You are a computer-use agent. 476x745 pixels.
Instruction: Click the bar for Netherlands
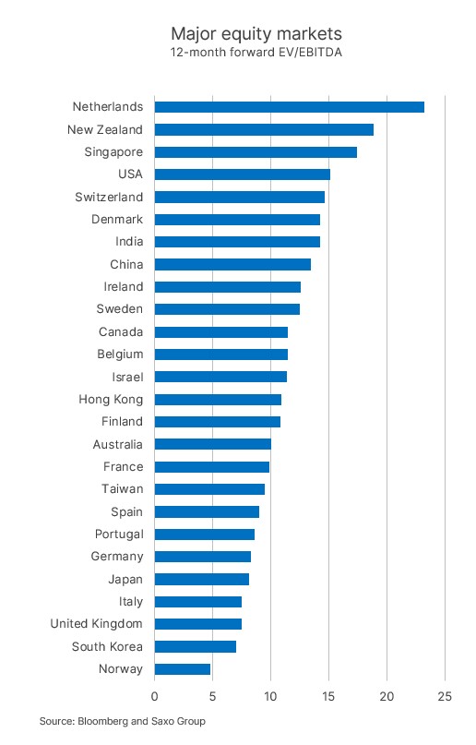click(x=290, y=107)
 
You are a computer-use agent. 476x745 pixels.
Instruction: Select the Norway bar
click(x=183, y=669)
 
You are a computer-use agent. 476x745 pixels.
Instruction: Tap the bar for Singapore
click(x=256, y=152)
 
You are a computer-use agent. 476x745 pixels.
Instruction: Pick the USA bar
click(x=243, y=174)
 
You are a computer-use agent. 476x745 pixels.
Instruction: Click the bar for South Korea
click(x=195, y=646)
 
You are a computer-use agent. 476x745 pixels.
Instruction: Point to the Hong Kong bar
click(x=218, y=400)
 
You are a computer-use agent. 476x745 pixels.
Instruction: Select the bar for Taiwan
click(x=209, y=489)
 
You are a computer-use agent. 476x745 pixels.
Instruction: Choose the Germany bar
click(x=203, y=557)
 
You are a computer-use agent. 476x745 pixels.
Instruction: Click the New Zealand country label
click(x=105, y=129)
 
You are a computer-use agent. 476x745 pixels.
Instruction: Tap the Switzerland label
click(x=109, y=197)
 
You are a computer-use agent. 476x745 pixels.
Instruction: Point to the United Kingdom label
click(x=96, y=624)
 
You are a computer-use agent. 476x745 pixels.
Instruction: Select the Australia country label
click(x=118, y=444)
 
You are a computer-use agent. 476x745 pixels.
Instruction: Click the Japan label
click(x=125, y=579)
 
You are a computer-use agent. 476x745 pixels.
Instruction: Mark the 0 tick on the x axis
click(x=155, y=697)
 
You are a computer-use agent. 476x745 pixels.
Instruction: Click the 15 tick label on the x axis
click(x=328, y=697)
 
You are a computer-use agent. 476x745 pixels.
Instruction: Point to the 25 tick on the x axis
click(x=445, y=697)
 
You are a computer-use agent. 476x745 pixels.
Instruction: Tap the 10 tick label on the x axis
click(x=270, y=697)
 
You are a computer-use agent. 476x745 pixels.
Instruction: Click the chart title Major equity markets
click(x=256, y=34)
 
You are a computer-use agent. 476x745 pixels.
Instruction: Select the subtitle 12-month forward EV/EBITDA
click(x=256, y=52)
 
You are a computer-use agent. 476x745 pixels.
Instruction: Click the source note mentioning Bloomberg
click(x=123, y=721)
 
